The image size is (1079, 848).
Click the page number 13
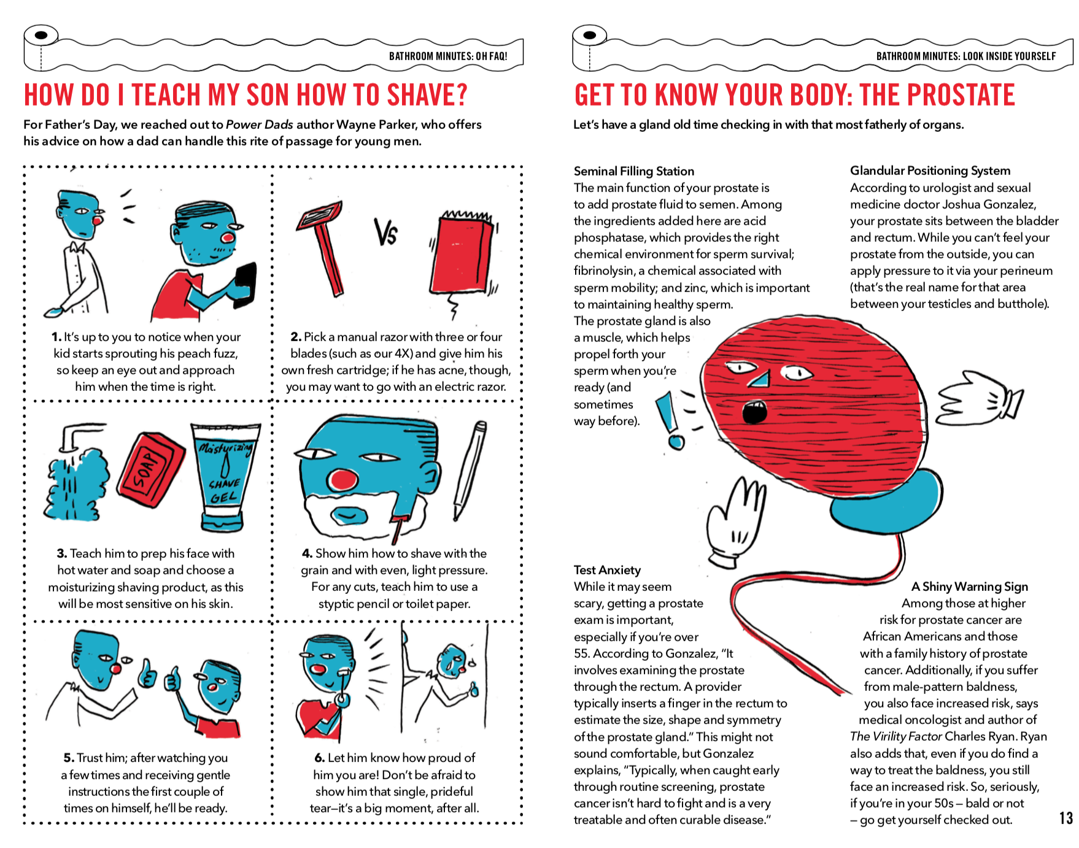(x=1066, y=818)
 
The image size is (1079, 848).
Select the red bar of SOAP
(x=152, y=469)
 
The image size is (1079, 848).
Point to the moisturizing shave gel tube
(x=225, y=477)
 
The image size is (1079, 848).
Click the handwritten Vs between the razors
(x=386, y=232)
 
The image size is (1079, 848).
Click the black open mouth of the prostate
(x=754, y=412)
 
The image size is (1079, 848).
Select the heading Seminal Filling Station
(x=634, y=171)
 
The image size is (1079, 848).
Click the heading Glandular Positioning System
(x=930, y=171)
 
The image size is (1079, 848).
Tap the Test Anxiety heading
(x=607, y=570)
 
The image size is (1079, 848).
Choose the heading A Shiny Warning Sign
(x=969, y=587)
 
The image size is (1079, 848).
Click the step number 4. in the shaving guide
(x=307, y=553)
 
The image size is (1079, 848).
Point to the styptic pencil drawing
(x=471, y=470)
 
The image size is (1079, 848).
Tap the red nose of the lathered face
(x=342, y=480)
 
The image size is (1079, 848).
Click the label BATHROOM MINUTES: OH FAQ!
(x=448, y=56)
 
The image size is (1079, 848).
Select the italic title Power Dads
(x=260, y=125)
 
